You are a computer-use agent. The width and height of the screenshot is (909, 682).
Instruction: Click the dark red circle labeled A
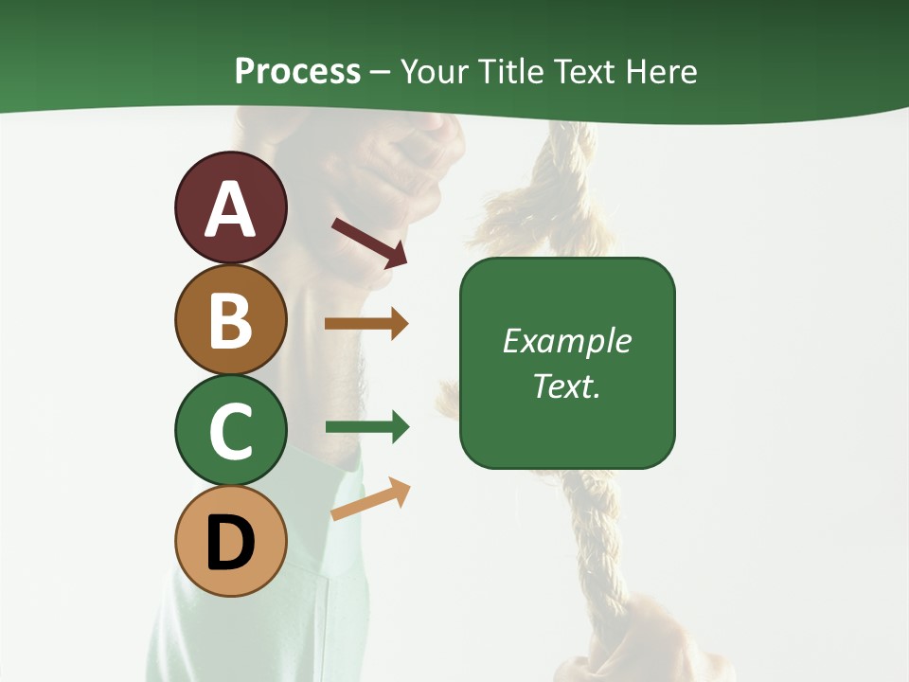click(230, 208)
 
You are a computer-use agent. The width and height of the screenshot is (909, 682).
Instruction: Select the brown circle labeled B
click(230, 319)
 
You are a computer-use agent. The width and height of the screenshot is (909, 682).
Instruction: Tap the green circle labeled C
click(230, 430)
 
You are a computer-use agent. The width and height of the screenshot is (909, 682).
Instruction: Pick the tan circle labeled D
click(230, 541)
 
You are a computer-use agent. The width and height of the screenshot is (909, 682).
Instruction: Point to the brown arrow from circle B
click(365, 324)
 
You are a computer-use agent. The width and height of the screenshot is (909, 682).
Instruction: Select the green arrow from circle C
click(366, 427)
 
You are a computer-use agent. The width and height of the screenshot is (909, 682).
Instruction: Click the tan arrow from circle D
click(370, 499)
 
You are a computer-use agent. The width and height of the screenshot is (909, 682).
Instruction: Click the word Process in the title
click(297, 72)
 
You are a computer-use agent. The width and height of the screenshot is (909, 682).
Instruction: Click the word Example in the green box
click(566, 341)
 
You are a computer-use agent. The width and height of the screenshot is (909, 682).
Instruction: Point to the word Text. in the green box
click(566, 386)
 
